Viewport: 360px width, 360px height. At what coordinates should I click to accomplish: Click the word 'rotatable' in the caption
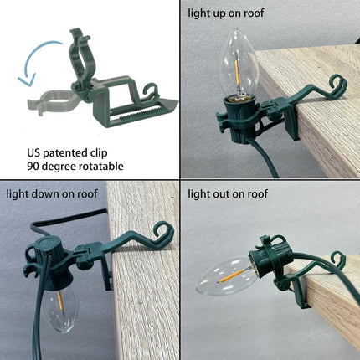[x=100, y=167]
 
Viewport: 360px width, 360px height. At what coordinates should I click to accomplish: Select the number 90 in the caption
[x=33, y=167]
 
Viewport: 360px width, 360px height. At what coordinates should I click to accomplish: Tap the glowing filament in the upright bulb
[x=237, y=73]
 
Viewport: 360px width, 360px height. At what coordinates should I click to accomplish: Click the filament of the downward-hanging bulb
[x=60, y=301]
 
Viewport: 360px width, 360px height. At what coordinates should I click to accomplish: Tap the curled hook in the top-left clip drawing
[x=150, y=90]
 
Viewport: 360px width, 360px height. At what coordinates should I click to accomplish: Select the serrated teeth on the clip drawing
[x=134, y=113]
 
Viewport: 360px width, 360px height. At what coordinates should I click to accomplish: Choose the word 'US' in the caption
[x=33, y=153]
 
